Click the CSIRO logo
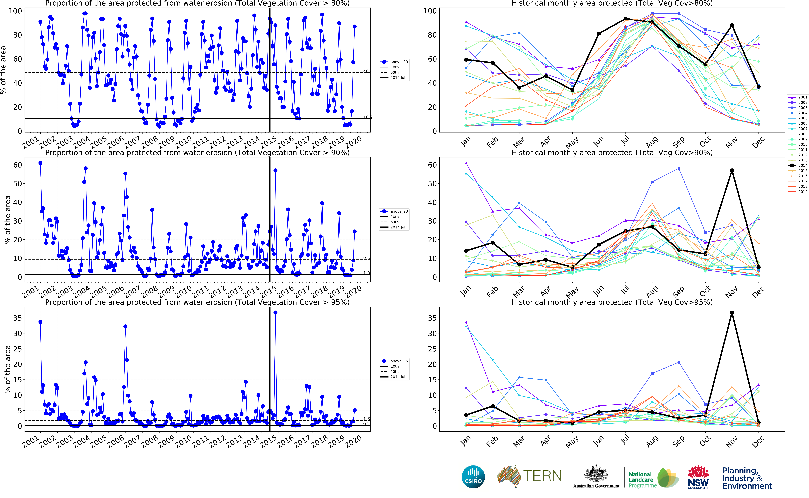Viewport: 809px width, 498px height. point(473,477)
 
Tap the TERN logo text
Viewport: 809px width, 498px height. point(542,476)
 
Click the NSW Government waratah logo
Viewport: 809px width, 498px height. point(698,477)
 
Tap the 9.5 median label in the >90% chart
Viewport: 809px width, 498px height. point(366,258)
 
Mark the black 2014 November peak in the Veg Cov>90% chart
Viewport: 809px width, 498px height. point(732,171)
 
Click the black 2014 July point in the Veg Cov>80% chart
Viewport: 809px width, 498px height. point(625,19)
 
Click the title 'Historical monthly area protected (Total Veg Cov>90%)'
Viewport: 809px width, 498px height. point(612,152)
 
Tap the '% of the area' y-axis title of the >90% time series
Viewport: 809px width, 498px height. point(7,220)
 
